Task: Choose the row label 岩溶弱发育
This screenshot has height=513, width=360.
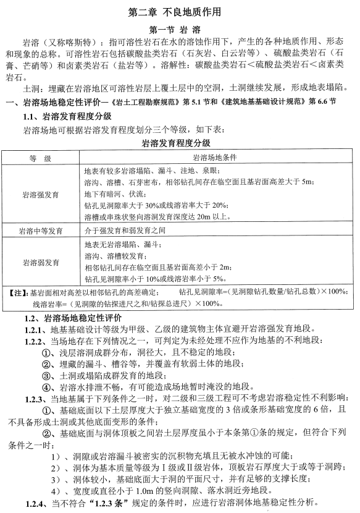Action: [x=40, y=261]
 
